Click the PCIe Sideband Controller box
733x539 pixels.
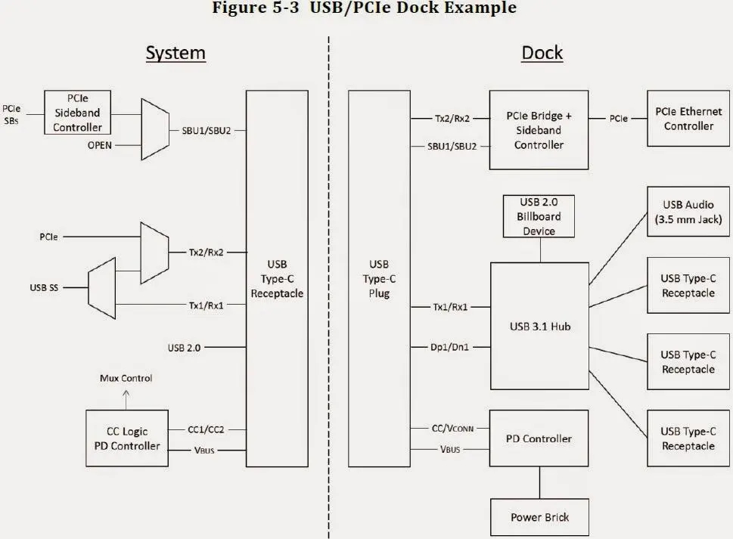(x=77, y=113)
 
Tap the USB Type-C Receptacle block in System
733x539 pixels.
(x=276, y=278)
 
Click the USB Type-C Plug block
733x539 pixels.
(x=378, y=278)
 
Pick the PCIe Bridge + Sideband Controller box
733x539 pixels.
(x=539, y=130)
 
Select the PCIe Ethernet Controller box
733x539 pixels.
(x=684, y=119)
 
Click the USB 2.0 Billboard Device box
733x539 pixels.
(x=539, y=216)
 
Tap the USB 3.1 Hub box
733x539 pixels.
(x=539, y=326)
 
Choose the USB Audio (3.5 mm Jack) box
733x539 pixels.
(x=688, y=211)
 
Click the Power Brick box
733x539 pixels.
(x=539, y=517)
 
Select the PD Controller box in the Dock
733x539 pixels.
(x=539, y=438)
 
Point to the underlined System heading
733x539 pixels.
(x=175, y=53)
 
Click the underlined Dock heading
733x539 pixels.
(x=542, y=53)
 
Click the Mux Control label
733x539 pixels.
(x=126, y=378)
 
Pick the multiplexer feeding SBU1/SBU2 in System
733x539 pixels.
(x=154, y=129)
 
